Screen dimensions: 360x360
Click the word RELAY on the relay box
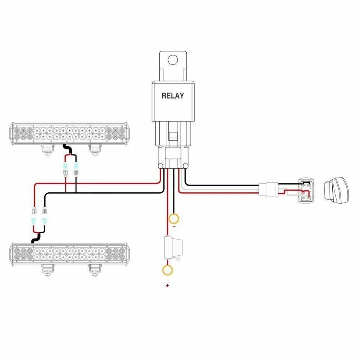tap(173, 96)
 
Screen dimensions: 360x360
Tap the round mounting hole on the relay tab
tap(172, 60)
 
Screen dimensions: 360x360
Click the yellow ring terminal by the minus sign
tap(174, 218)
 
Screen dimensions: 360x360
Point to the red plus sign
tap(167, 286)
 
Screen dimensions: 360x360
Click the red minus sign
tap(174, 227)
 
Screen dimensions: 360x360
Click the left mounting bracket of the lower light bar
tap(47, 269)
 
